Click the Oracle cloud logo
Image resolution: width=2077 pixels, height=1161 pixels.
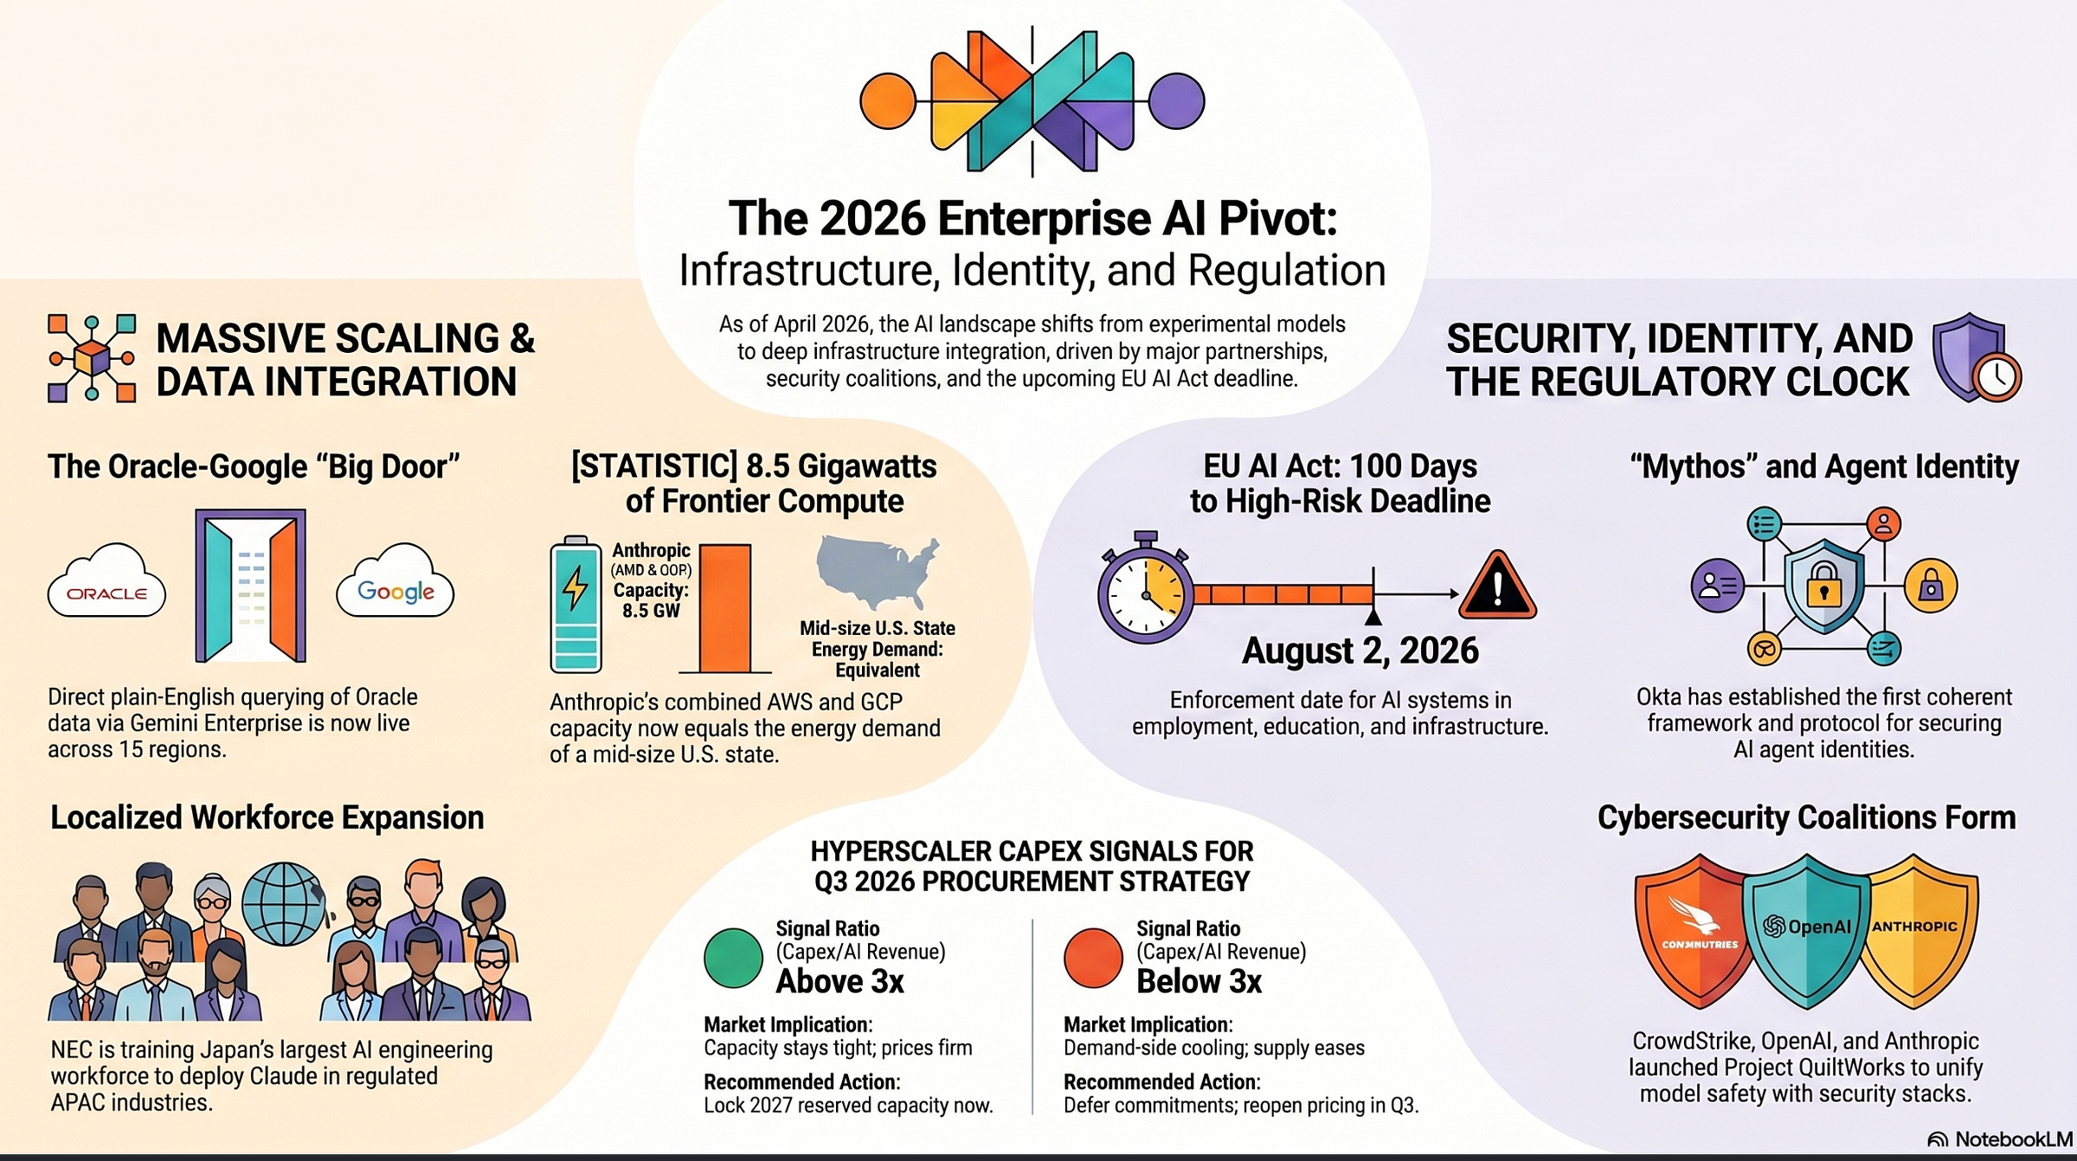(106, 581)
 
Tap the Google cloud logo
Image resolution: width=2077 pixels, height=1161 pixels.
(395, 581)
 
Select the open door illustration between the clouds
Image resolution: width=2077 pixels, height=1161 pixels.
(251, 586)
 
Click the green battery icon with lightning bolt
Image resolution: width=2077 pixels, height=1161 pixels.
(576, 605)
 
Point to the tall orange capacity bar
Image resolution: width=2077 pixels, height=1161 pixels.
(725, 607)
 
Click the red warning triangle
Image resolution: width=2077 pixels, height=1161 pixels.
(1497, 587)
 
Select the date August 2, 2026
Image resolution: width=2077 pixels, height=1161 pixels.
(1360, 651)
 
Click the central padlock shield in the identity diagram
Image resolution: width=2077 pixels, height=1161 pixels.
(1823, 587)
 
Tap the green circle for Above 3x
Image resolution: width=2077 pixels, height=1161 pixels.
(733, 958)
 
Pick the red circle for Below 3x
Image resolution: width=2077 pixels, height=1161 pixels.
(1093, 958)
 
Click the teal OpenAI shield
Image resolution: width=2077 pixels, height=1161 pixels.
(1806, 930)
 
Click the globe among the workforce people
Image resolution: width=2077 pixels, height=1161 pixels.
(283, 903)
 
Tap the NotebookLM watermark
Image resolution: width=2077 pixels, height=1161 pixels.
(2000, 1139)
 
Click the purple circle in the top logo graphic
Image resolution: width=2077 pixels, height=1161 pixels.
(1176, 101)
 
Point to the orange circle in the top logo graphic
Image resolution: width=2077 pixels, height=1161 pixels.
(888, 101)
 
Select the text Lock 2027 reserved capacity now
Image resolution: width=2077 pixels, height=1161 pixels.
(848, 1106)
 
